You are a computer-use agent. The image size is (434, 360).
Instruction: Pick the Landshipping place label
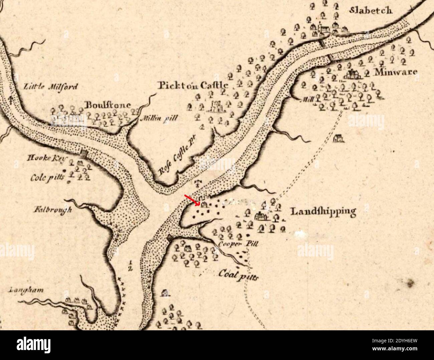[322, 211]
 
